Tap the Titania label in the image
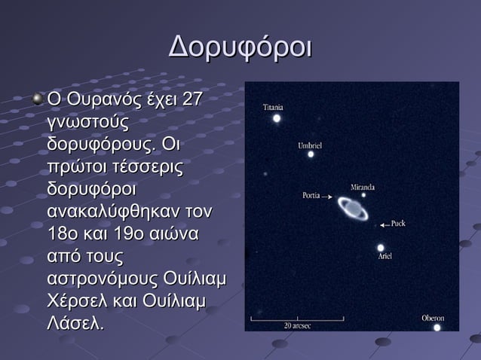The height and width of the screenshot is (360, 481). click(x=273, y=107)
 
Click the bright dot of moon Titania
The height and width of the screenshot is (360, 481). click(x=277, y=118)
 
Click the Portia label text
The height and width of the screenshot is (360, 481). click(x=312, y=196)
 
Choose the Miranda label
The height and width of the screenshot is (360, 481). click(x=363, y=186)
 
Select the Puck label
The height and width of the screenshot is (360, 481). click(x=398, y=224)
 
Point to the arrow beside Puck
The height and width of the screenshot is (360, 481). click(x=384, y=224)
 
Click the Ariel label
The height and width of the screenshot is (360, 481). click(x=385, y=256)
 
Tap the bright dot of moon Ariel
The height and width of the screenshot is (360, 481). click(x=381, y=247)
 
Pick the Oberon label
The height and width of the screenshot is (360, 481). click(x=433, y=318)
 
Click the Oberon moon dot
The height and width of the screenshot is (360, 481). click(x=437, y=328)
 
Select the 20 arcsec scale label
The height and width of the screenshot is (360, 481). click(x=297, y=326)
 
